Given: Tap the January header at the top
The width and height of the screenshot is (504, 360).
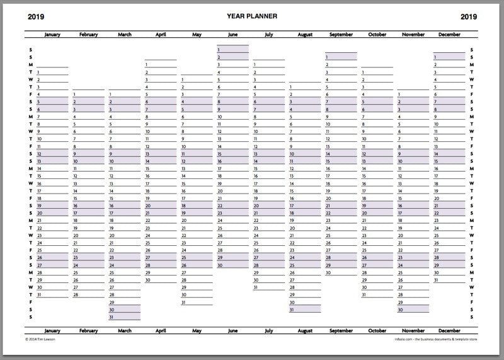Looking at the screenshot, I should pos(52,35).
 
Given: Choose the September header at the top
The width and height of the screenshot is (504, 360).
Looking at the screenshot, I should pos(341,35).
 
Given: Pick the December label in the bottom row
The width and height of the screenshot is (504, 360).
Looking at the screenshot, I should pos(449,330).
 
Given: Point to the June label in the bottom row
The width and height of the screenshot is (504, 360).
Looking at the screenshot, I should pos(233,330).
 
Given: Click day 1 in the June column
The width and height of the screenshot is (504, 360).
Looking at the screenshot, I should pos(219,49).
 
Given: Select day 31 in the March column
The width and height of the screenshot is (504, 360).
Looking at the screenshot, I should pos(112,317).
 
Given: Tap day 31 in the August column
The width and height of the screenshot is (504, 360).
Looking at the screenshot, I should pos(292,310).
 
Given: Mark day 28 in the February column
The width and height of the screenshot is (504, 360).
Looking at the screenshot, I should pos(76,294).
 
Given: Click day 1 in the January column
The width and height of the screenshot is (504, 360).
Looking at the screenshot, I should pos(39,73).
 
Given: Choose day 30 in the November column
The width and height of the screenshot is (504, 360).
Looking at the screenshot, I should pos(400,310).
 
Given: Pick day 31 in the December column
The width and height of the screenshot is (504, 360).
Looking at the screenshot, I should pos(436,279).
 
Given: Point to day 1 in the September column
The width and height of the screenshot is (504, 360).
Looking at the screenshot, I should pos(328,57).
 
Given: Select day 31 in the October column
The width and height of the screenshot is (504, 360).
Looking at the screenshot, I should pos(364,294).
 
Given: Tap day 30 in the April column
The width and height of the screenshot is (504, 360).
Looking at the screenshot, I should pos(148,279).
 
